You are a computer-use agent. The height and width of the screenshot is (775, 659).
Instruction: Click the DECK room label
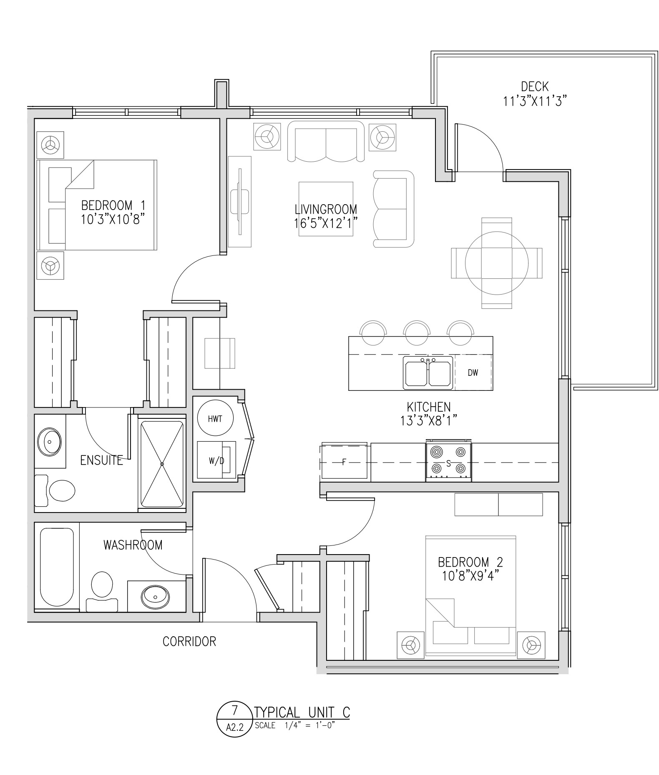pos(535,87)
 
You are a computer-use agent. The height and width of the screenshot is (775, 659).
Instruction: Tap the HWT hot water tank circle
pos(215,418)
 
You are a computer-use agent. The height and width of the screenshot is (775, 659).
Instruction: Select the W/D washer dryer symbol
pos(216,460)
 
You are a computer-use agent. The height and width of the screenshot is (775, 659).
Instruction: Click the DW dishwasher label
pos(473,373)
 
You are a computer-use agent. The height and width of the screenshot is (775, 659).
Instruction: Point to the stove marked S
pos(448,462)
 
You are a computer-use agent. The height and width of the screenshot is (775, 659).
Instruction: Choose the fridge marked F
pos(345,462)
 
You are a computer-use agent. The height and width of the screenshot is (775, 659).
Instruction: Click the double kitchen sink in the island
pos(428,373)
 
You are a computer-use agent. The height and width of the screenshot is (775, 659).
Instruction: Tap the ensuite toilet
pos(57,490)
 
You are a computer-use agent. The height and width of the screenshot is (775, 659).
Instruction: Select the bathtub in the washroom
pos(57,567)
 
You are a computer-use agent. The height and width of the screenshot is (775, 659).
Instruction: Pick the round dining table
pos(497,263)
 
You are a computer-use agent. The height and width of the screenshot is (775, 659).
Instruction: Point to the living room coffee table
pos(326,209)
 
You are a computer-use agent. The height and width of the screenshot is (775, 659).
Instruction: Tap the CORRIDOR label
pos(189,641)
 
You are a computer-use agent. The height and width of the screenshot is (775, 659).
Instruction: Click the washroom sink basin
pos(156,596)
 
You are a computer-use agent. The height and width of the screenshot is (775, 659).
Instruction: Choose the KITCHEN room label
pos(429,407)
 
